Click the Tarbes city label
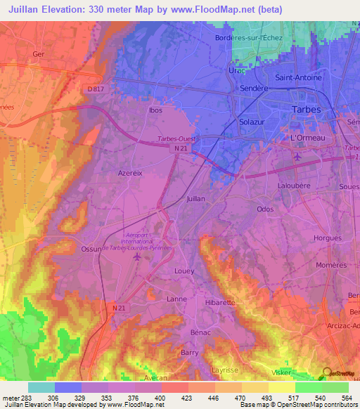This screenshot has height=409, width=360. click(306, 109)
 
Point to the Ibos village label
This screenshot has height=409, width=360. click(155, 110)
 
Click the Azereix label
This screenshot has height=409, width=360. click(131, 172)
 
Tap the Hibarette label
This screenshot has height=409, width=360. click(220, 302)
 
